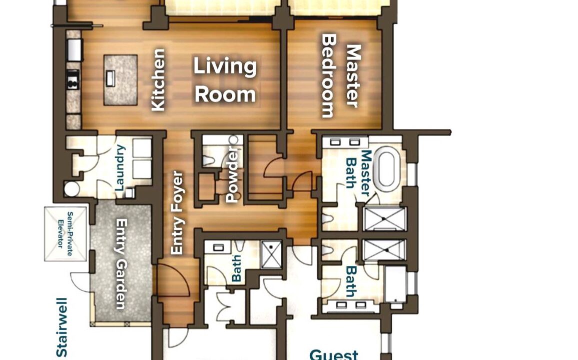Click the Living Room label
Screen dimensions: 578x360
pyautogui.click(x=225, y=80)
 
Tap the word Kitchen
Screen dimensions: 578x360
pyautogui.click(x=158, y=79)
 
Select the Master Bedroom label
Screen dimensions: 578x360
pyautogui.click(x=341, y=76)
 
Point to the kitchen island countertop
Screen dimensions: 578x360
pyautogui.click(x=121, y=80)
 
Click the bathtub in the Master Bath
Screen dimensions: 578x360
pyautogui.click(x=386, y=169)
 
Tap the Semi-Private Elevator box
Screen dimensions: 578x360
pyautogui.click(x=66, y=234)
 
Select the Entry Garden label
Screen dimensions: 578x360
pyautogui.click(x=121, y=264)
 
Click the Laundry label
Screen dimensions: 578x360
pyautogui.click(x=120, y=167)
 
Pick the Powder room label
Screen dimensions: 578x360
pyautogui.click(x=232, y=174)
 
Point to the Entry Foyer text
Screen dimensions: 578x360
pyautogui.click(x=177, y=212)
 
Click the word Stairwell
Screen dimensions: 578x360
pyautogui.click(x=62, y=327)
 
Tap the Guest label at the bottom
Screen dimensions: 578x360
pyautogui.click(x=334, y=354)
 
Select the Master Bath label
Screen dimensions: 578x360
pyautogui.click(x=358, y=173)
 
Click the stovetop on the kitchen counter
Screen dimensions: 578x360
pyautogui.click(x=73, y=79)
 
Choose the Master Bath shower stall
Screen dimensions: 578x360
pyautogui.click(x=384, y=219)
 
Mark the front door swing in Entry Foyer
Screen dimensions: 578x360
pyautogui.click(x=174, y=279)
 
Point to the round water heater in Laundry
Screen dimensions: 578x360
pyautogui.click(x=72, y=188)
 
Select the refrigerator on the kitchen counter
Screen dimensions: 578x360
pyautogui.click(x=74, y=49)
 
